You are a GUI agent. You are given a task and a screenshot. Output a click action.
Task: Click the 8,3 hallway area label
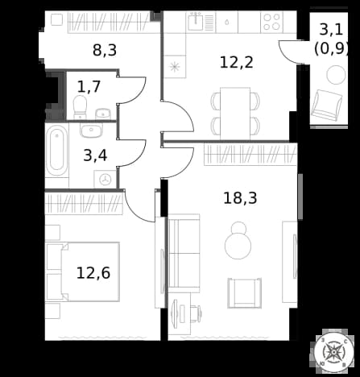pos(105,50)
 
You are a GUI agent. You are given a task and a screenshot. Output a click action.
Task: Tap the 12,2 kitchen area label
pos(236,62)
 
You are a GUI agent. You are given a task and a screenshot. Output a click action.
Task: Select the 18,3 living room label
pos(240,198)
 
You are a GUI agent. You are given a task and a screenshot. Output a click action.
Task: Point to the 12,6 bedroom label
pos(93,273)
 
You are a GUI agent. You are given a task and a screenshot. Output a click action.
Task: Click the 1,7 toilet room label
pos(89,86)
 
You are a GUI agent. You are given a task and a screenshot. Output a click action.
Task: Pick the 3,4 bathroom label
pos(95,155)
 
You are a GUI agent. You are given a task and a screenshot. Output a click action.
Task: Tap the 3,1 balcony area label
pos(331,29)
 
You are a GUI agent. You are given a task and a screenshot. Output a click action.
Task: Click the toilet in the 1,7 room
pos(80,107)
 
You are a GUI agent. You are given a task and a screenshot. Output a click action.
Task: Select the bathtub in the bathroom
pos(56,151)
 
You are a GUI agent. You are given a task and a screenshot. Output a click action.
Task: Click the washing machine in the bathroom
pos(105,179)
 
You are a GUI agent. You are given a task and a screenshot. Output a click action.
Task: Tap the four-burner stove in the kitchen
pos(271,22)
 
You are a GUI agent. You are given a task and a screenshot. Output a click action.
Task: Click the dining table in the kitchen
pos(235,114)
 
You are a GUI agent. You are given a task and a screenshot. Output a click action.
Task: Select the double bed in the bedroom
pos(82,271)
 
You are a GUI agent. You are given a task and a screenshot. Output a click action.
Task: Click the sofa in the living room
pos(184,253)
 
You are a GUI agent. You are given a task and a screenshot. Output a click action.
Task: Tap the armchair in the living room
pos(245,293)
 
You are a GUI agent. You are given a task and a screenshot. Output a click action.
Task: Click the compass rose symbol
pos(333,351)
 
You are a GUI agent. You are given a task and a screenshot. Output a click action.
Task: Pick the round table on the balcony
pos(336,75)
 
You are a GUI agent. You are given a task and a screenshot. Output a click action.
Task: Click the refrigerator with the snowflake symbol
pos(175,67)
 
